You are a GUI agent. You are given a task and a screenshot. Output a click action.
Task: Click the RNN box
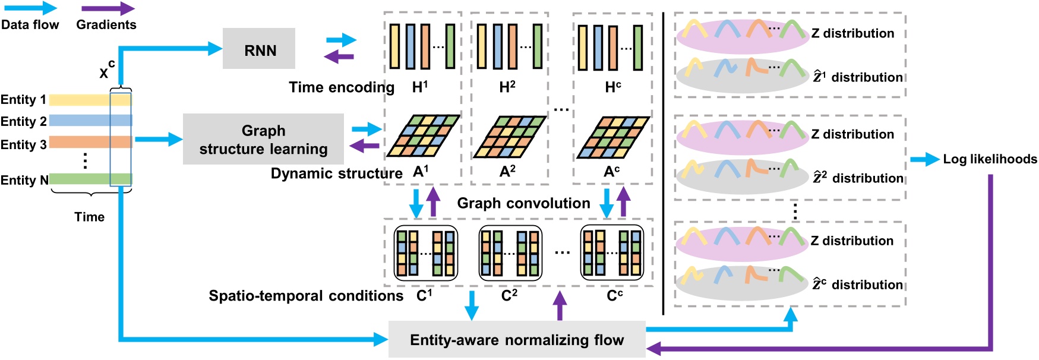259,49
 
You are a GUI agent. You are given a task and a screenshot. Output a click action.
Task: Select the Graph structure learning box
263,140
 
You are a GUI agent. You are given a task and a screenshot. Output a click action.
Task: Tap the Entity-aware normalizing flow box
516,340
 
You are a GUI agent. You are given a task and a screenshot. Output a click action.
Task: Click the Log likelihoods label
990,159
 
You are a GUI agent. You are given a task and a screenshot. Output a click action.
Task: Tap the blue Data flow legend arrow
29,9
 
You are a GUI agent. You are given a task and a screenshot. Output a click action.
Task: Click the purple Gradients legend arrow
108,9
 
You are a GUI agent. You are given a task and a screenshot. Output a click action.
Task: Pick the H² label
507,87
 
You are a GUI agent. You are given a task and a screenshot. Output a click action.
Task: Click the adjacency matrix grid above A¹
423,137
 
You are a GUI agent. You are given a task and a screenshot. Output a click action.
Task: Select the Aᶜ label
612,172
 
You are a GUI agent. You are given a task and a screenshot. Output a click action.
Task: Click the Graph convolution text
523,203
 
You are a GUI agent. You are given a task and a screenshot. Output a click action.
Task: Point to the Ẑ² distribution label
858,178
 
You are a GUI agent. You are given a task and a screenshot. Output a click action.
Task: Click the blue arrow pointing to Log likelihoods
924,159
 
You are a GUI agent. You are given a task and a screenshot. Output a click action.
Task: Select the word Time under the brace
89,217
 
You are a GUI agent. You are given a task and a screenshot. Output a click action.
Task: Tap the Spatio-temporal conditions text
305,296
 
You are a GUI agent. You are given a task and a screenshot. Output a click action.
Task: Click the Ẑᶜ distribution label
857,285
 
